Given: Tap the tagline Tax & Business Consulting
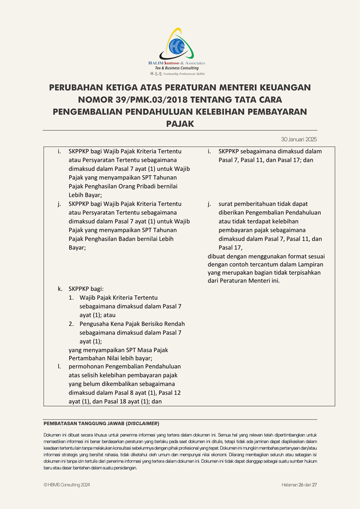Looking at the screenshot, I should point(177,68).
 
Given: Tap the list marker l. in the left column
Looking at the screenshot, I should point(59,366).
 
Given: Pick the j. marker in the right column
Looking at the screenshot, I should point(209,204).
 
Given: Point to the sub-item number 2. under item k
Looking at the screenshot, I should point(72,324).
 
